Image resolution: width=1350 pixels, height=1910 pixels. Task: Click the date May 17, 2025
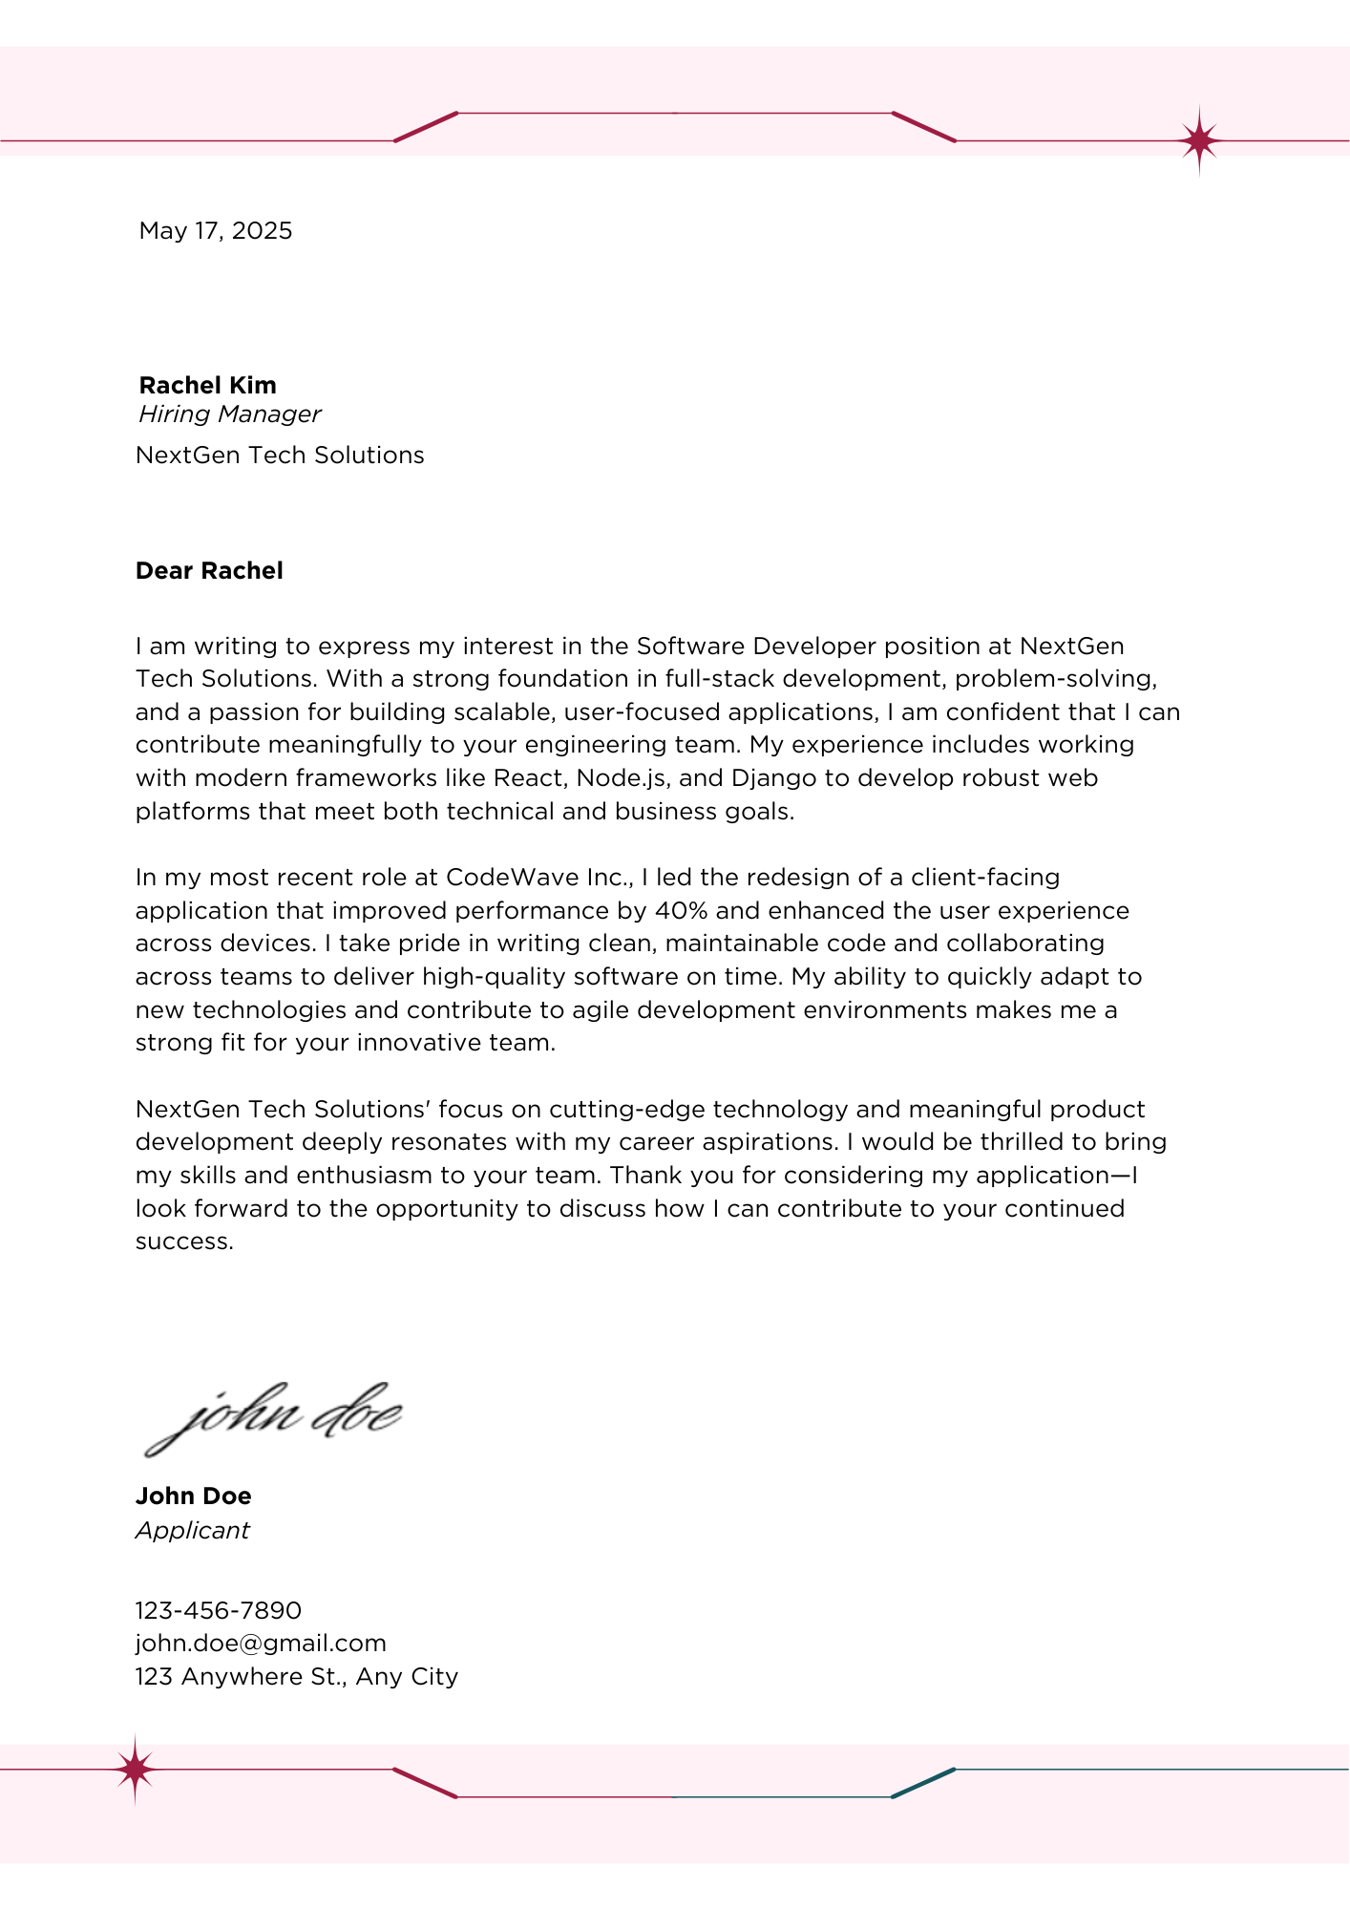click(x=216, y=231)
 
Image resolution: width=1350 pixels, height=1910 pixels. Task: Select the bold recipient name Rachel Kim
click(x=207, y=385)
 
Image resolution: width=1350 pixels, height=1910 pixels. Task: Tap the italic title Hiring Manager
click(x=229, y=414)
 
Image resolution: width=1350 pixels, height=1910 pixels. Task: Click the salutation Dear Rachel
click(x=209, y=571)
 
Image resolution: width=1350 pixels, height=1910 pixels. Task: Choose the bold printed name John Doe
click(x=194, y=1496)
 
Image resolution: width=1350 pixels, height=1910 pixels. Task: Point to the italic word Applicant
click(x=192, y=1530)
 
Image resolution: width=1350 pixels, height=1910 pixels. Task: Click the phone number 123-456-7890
click(x=219, y=1610)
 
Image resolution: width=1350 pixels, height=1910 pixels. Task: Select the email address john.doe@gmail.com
click(x=261, y=1643)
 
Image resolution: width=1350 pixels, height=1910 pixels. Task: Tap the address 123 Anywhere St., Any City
click(x=297, y=1676)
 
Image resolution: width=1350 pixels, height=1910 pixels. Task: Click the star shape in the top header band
click(x=1199, y=141)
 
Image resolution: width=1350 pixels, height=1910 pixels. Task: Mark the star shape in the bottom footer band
click(x=135, y=1770)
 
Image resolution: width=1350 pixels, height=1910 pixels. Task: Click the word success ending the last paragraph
click(x=184, y=1241)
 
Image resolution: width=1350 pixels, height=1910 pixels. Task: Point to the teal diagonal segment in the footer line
click(x=923, y=1783)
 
